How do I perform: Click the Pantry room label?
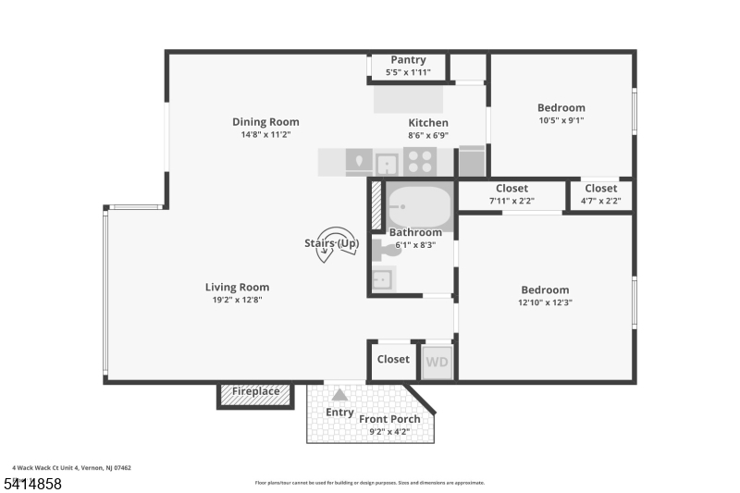(408, 60)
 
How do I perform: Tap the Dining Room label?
(265, 122)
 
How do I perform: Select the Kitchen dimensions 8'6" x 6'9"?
(428, 135)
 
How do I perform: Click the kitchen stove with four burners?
(420, 163)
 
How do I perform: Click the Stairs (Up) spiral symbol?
(331, 244)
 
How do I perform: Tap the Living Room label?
(237, 287)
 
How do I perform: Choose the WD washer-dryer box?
(437, 362)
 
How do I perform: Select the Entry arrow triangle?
(339, 395)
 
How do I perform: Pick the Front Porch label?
(389, 419)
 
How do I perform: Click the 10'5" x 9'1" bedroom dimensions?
(561, 120)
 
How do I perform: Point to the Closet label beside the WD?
(393, 359)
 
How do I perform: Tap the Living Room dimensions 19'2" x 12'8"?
(237, 300)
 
